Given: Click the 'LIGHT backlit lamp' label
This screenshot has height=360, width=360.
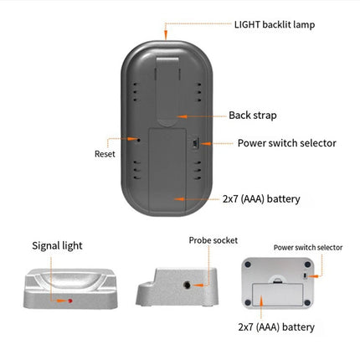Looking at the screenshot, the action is click(275, 25).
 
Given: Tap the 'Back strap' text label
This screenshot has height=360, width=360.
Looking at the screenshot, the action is click(253, 116).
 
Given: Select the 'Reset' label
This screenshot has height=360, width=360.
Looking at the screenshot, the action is click(105, 154).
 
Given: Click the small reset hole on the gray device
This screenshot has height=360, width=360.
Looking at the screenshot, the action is click(138, 139).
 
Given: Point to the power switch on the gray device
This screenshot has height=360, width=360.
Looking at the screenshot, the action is click(195, 143).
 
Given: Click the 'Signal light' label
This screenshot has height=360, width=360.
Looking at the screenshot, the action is click(57, 245).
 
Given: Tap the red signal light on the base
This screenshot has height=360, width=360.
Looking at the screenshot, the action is click(70, 301).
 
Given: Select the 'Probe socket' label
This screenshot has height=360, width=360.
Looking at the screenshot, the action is click(213, 240).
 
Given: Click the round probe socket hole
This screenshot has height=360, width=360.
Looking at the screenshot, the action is click(187, 285).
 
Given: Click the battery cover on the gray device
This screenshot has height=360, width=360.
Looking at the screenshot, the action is click(167, 171).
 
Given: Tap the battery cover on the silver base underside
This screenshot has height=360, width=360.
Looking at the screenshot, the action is click(277, 295).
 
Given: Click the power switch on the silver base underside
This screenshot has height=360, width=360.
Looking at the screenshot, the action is click(305, 276).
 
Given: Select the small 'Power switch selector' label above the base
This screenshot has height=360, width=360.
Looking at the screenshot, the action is click(308, 248).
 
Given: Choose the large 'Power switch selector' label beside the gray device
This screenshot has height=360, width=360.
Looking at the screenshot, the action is click(287, 143).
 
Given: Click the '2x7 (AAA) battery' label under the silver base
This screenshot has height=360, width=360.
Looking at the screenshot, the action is click(276, 327).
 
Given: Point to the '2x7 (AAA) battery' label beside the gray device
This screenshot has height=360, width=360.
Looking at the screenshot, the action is click(261, 199).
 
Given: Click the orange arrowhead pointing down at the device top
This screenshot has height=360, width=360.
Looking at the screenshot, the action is click(166, 35).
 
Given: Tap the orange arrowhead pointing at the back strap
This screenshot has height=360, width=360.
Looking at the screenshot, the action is click(182, 116).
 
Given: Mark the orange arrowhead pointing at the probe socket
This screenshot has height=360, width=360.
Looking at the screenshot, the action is click(198, 285).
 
